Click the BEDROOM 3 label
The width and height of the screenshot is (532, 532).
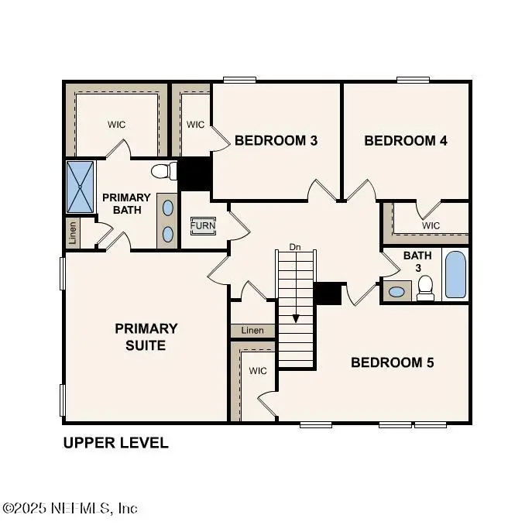pos(276,141)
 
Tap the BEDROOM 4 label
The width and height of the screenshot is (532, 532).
pos(406,141)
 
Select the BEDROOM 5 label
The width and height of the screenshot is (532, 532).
pos(393,362)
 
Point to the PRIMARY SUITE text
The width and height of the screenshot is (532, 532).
pos(146,337)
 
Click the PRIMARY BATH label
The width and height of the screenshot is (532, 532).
pos(126,204)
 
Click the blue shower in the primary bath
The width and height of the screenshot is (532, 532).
pos(80,187)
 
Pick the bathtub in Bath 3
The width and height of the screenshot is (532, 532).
pos(456,274)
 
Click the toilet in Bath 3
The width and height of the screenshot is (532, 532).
pos(424,287)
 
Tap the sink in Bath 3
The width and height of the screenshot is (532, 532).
pos(396,292)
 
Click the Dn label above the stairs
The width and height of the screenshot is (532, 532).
pos(295,248)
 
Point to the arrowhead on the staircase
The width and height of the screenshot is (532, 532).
pos(295,318)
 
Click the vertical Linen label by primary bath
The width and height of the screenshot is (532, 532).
pos(73,233)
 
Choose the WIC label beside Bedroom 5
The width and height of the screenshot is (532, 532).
pos(257,371)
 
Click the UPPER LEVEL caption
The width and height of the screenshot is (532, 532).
pos(115,444)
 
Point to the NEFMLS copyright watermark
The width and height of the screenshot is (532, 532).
pos(70,508)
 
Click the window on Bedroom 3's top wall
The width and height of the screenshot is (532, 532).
pos(239,79)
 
